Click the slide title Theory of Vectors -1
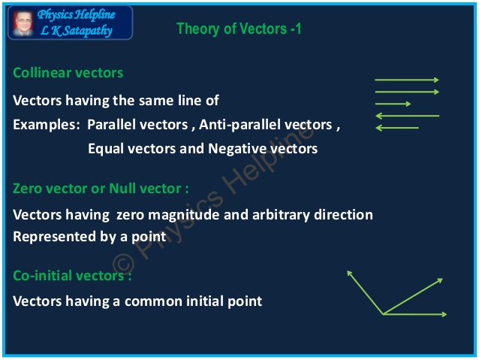[x=239, y=29]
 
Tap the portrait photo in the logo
[x=23, y=23]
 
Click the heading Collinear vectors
[x=68, y=73]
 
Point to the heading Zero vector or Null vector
[x=101, y=188]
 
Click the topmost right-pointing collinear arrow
[x=406, y=80]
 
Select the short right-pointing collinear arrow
[x=393, y=104]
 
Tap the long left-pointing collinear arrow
[x=407, y=116]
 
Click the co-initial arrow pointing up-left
[x=365, y=293]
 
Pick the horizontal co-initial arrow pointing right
[x=415, y=314]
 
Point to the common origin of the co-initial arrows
[x=384, y=314]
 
